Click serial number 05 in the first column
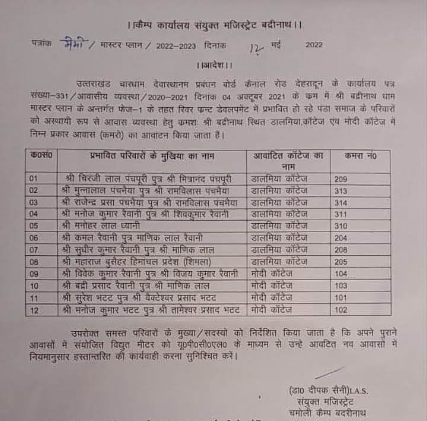(x=34, y=226)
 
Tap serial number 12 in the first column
(x=34, y=309)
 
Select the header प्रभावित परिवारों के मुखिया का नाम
(x=151, y=156)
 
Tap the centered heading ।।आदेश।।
(x=214, y=65)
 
